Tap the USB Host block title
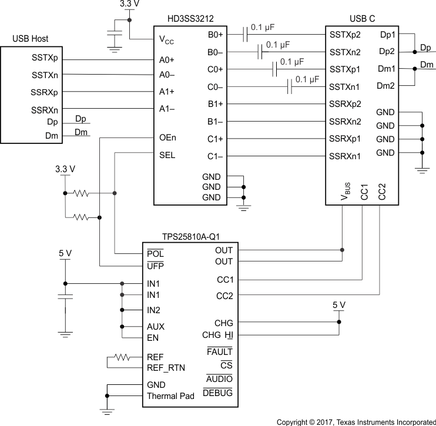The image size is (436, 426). (32, 39)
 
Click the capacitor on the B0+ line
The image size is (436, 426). (245, 35)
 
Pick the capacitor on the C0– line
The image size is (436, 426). (290, 87)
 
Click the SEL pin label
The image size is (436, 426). (167, 156)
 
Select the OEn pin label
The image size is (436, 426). (167, 139)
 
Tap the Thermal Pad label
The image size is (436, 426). (170, 396)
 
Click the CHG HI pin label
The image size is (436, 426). (217, 336)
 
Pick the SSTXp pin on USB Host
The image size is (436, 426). (45, 59)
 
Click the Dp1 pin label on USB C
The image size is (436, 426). (388, 35)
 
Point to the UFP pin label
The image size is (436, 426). (155, 266)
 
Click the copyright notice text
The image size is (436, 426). (356, 421)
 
